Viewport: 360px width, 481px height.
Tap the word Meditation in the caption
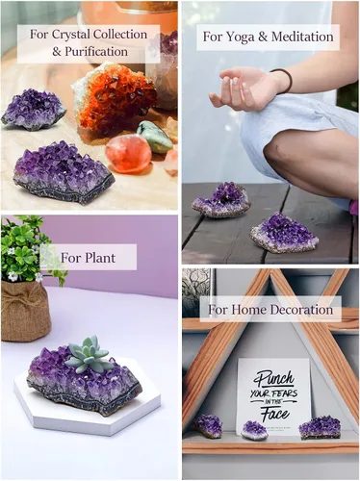tap(302, 37)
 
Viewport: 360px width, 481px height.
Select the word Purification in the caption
tap(96, 52)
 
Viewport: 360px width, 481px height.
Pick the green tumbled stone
tap(155, 137)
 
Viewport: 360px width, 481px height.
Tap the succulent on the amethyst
tap(90, 355)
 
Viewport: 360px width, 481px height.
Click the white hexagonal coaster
tap(87, 407)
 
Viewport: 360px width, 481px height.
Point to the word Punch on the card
tap(273, 379)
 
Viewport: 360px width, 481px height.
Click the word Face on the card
tap(274, 414)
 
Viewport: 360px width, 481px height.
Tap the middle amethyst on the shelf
tap(255, 430)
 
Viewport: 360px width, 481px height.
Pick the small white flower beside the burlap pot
tap(13, 276)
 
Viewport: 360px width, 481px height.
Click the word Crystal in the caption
tap(72, 35)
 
